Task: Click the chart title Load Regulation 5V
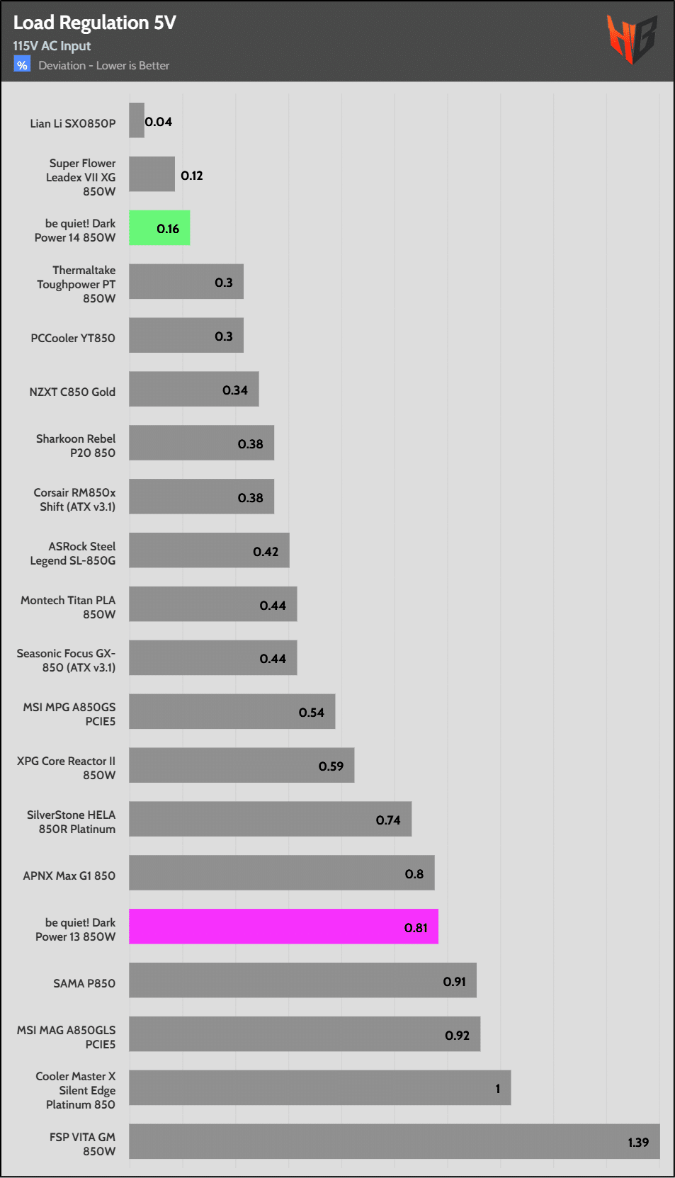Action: (94, 23)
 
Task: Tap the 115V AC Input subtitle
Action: (52, 46)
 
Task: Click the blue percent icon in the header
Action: (22, 65)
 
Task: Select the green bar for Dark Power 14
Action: (159, 228)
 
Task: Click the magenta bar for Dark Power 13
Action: (283, 927)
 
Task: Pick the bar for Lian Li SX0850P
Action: (137, 120)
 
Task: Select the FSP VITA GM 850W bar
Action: (394, 1141)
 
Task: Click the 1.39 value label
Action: (638, 1142)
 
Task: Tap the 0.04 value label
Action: (159, 122)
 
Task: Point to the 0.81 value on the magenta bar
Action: (416, 927)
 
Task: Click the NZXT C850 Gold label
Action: (72, 392)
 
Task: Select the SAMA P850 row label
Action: (84, 983)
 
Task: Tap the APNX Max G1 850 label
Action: (69, 876)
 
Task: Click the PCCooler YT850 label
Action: (73, 338)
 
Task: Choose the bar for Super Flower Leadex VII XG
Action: (152, 174)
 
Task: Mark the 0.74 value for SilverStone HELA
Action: (388, 820)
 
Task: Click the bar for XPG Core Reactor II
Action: (241, 765)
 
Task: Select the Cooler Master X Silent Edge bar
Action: (319, 1088)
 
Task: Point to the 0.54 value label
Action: (312, 712)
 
